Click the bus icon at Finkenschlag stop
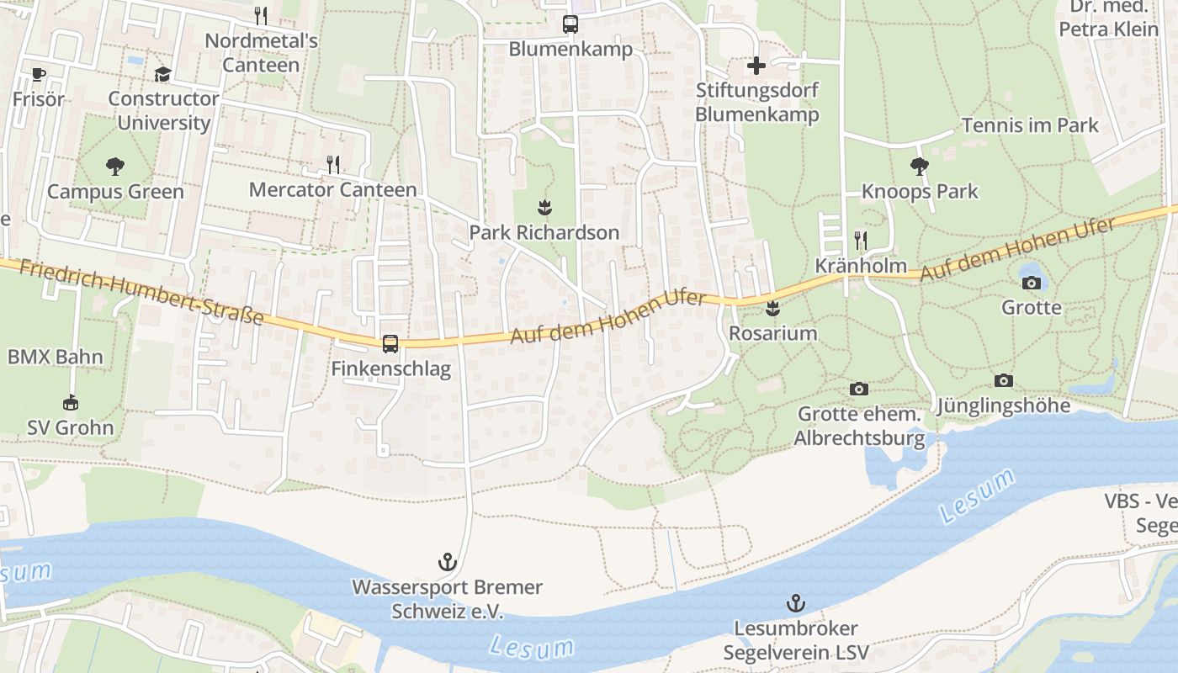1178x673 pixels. click(x=390, y=343)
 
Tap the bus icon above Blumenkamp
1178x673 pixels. click(x=570, y=24)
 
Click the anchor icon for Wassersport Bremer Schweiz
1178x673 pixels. click(x=447, y=561)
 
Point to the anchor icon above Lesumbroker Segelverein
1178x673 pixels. click(x=795, y=602)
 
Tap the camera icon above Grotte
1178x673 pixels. click(x=1032, y=283)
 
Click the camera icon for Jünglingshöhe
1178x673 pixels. click(x=1003, y=381)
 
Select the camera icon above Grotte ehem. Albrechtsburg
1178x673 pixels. click(x=858, y=389)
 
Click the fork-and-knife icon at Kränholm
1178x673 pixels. click(x=860, y=241)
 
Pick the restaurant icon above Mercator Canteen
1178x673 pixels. click(x=333, y=164)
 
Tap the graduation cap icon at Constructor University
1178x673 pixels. click(x=162, y=74)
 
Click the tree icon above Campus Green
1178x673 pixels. click(x=114, y=166)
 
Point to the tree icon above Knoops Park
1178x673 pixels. click(x=920, y=166)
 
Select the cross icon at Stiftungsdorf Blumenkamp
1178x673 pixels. click(x=756, y=65)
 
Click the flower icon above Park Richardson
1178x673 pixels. click(x=544, y=207)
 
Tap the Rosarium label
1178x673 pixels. click(x=772, y=333)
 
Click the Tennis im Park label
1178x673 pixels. click(x=1030, y=125)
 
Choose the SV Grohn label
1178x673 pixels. click(x=71, y=427)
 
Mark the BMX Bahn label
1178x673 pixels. click(x=56, y=357)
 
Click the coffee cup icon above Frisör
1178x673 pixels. click(x=38, y=74)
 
